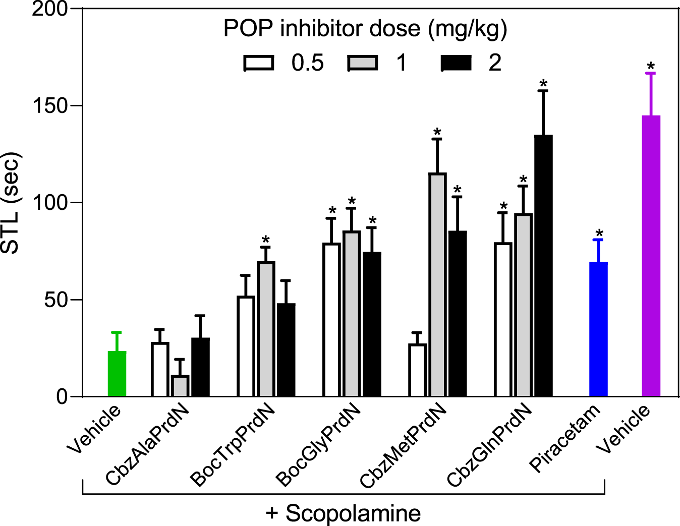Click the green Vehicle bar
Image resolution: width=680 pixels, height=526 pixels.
coord(117,374)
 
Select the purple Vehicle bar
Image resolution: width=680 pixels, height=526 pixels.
coord(651,256)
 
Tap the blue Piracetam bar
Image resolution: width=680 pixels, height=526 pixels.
coord(598,329)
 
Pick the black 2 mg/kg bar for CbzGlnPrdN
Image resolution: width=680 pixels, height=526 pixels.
coord(543,266)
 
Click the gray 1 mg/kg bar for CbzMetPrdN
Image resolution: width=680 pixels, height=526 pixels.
coord(437,285)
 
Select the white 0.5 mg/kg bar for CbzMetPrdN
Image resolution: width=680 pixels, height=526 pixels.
coord(417,370)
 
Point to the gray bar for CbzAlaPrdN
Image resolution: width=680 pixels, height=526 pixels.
coord(180,386)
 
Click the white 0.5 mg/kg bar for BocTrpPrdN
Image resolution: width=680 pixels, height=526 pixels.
coord(246,346)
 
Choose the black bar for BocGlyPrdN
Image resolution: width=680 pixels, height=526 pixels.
coord(372,324)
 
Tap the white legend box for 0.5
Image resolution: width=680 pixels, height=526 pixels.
coord(259,64)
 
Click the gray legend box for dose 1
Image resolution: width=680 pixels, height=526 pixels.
coord(362,64)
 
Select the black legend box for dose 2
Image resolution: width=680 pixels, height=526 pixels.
coord(456,64)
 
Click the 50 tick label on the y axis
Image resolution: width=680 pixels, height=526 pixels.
coord(55,300)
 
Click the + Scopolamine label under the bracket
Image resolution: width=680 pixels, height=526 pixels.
coord(343,513)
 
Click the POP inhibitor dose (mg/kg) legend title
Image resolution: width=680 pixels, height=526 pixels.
coord(365,29)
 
